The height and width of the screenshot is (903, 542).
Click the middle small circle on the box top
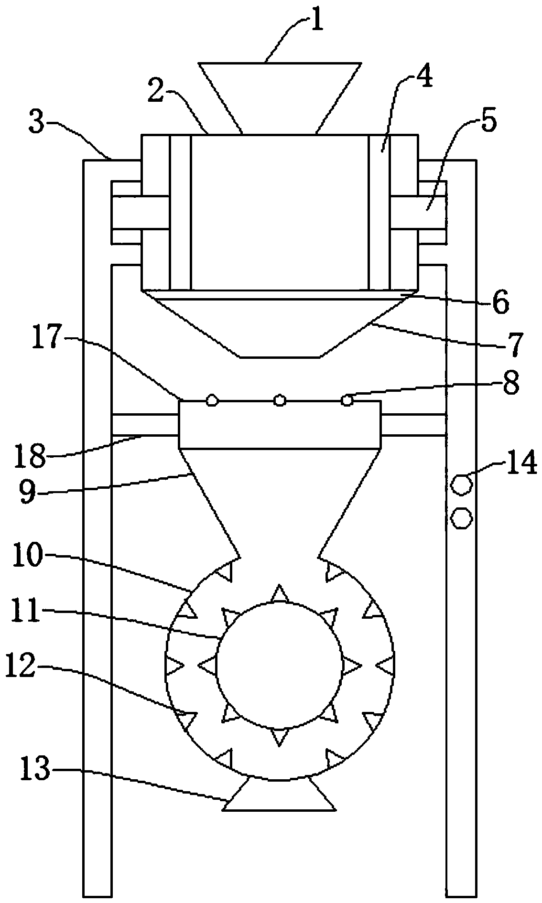[280, 400]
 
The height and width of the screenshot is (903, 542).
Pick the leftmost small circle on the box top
[212, 400]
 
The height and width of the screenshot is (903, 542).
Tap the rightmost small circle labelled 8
[348, 400]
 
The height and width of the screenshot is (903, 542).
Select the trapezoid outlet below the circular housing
[280, 794]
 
